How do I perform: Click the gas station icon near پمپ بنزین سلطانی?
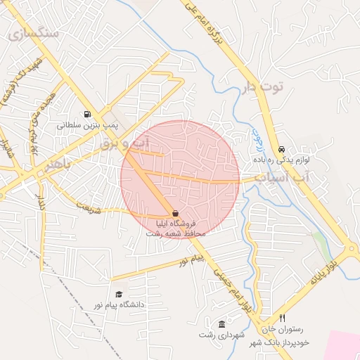87,115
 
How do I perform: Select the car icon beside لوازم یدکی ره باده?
281,149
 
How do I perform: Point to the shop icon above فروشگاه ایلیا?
174,213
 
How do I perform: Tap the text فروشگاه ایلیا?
176,224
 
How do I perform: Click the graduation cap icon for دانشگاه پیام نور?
119,294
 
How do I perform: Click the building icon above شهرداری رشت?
222,324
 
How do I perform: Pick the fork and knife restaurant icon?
282,318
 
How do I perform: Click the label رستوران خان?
285,329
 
